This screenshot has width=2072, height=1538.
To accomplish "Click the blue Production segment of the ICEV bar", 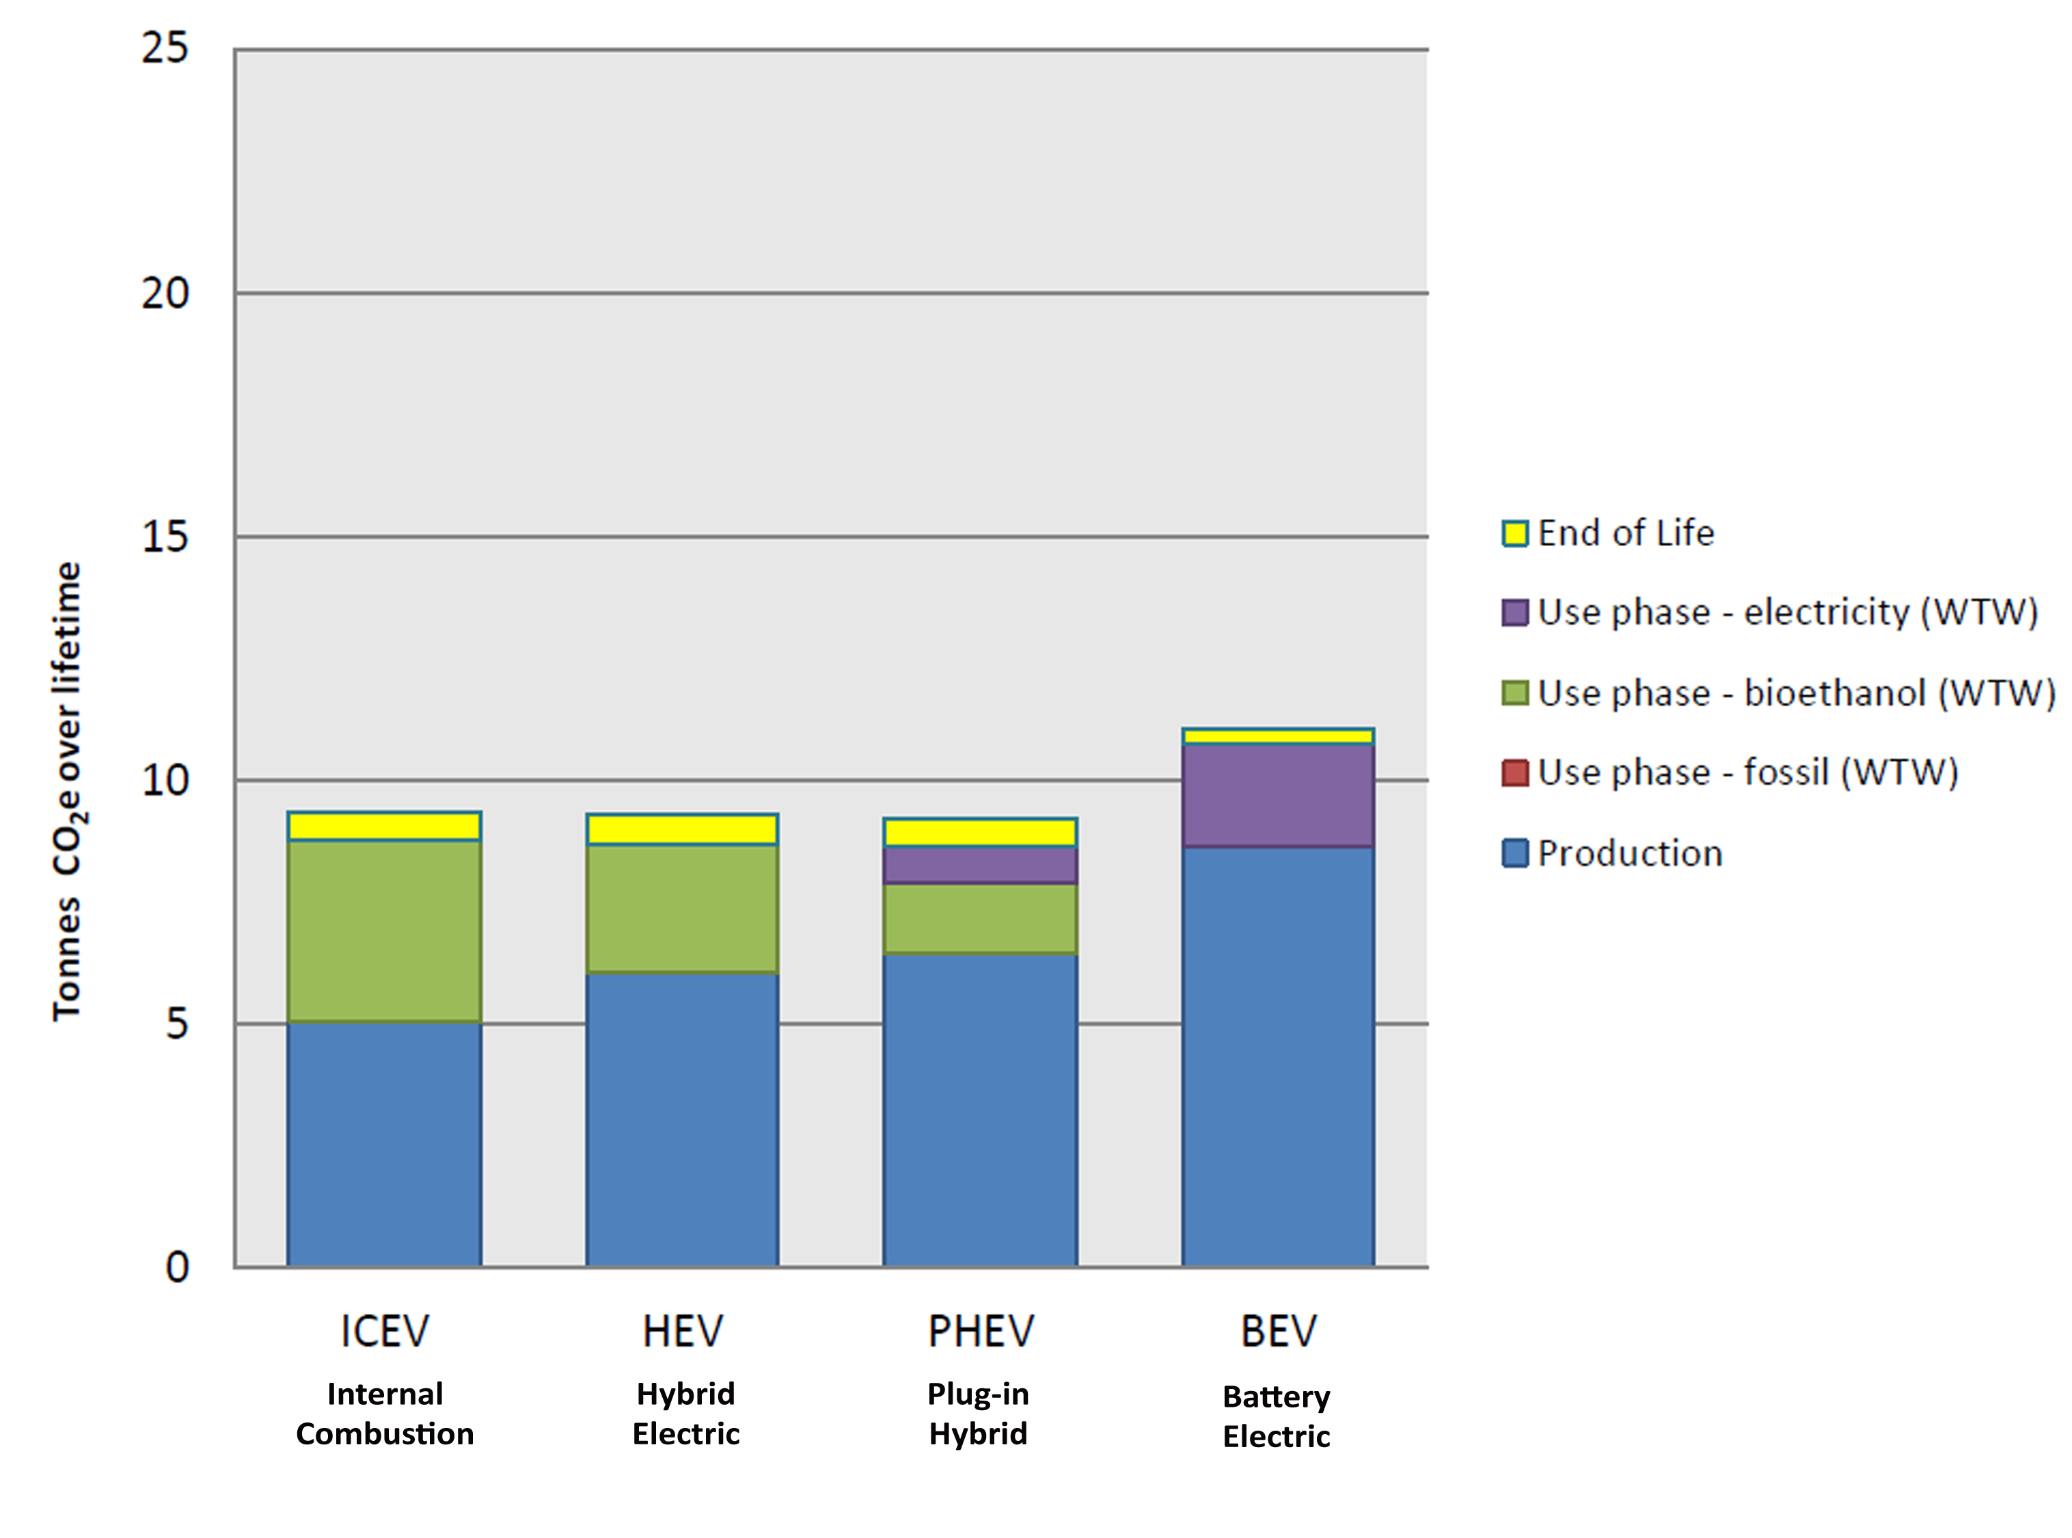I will (383, 1144).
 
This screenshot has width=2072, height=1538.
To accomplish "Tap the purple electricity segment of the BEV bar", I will (1277, 795).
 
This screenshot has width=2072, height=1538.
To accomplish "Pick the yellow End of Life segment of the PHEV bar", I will (979, 833).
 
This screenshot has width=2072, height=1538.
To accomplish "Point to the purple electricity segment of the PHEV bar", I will (979, 865).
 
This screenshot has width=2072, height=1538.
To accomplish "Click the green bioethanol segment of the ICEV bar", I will (383, 931).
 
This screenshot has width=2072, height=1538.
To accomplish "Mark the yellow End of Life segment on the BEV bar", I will (1277, 736).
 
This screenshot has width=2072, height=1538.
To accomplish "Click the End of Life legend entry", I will (1624, 533).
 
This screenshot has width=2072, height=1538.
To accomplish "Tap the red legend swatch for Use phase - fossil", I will (1514, 772).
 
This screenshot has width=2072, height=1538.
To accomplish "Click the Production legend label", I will (1629, 854).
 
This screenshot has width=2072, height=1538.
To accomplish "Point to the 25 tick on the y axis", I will (165, 49).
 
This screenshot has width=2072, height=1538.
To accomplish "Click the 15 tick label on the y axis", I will (165, 537).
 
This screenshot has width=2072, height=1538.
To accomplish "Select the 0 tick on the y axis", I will (177, 1267).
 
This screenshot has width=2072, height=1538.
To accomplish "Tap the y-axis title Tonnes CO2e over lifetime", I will (67, 792).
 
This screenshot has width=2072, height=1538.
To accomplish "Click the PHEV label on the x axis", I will (980, 1332).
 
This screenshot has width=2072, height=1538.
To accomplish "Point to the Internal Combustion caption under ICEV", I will (385, 1413).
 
